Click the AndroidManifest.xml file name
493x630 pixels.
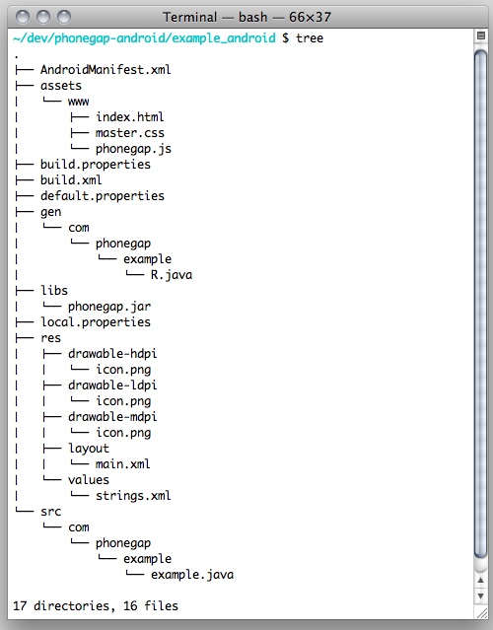[x=106, y=70]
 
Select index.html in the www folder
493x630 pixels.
[x=130, y=117]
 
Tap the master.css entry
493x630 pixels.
[x=130, y=133]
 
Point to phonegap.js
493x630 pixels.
[x=133, y=149]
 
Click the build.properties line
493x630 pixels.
[x=96, y=165]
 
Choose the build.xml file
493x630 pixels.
[x=71, y=180]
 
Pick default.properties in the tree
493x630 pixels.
[x=103, y=196]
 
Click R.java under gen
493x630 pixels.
[x=172, y=275]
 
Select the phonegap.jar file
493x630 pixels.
[x=109, y=307]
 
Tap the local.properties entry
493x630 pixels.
[x=96, y=322]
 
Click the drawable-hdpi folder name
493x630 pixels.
[x=112, y=354]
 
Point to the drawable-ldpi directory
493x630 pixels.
[x=112, y=385]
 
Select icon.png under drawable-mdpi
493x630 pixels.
[x=123, y=433]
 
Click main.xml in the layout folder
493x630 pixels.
[x=123, y=464]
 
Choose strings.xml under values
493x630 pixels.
[x=133, y=496]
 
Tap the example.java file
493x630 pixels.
[x=192, y=575]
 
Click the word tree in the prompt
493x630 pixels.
[x=310, y=38]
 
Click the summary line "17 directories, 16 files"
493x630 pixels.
[x=96, y=606]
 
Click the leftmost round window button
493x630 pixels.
[x=23, y=17]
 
